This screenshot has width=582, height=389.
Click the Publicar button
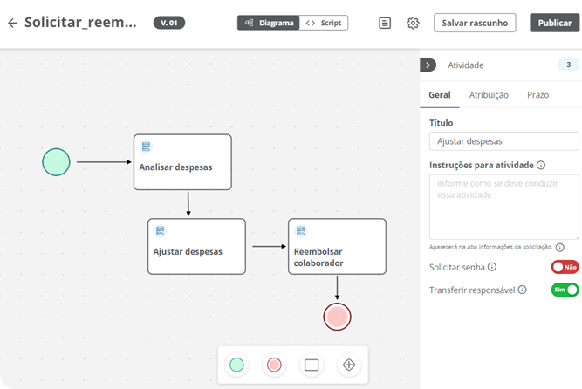point(555,23)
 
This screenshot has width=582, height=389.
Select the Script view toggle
point(324,23)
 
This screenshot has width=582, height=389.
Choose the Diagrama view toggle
point(269,23)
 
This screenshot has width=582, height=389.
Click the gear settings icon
point(413,23)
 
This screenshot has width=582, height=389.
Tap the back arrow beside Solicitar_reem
point(12,23)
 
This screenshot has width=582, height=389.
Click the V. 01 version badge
point(169,23)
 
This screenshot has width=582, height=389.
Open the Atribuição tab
point(489,95)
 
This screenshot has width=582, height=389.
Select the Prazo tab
point(537,95)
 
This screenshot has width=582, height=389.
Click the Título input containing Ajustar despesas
point(504,141)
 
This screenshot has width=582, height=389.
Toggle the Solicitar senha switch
point(565,267)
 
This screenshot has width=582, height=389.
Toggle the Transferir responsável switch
point(565,290)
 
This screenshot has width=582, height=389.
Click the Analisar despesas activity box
point(182,162)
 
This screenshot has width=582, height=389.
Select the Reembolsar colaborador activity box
point(337,247)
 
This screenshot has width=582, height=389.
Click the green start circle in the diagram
point(56,162)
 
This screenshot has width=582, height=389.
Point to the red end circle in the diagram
point(337,317)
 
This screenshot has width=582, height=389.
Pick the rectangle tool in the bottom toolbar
point(312,365)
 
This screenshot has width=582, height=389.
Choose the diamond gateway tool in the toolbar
point(349,365)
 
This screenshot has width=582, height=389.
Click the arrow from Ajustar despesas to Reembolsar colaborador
point(269,247)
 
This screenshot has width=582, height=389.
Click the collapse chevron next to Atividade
point(428,65)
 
